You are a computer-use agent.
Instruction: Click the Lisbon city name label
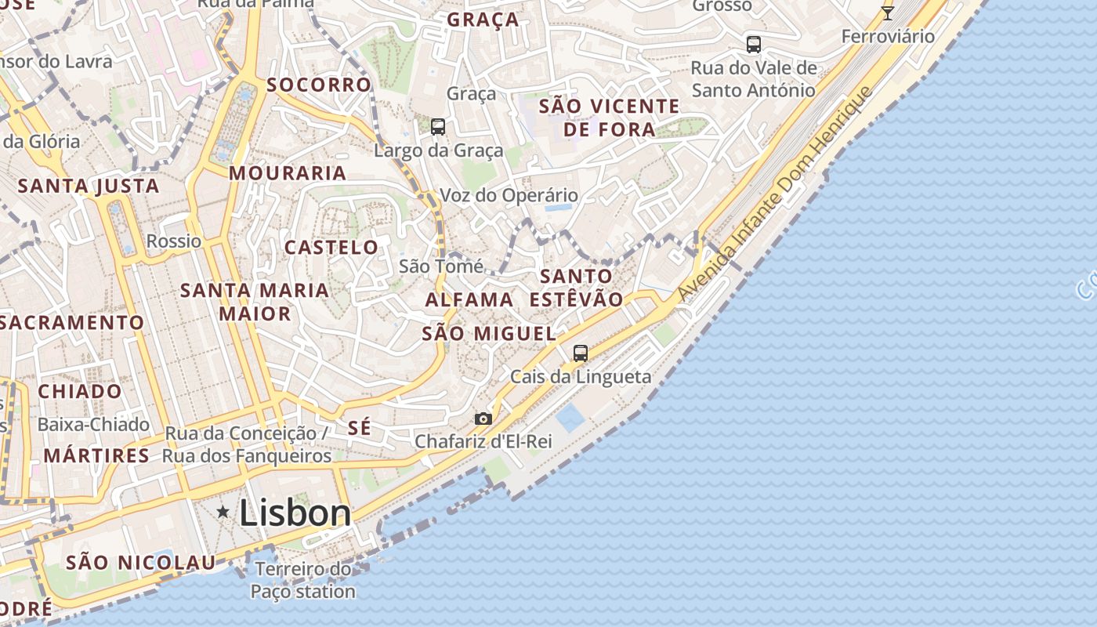coord(295,513)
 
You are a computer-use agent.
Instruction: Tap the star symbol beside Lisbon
coord(223,512)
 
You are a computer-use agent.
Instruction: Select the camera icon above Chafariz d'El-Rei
coord(483,419)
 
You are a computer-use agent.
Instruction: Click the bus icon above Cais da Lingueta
coord(581,353)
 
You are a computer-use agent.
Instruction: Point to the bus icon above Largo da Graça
coord(438,126)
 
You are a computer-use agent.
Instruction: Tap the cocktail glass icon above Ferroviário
coord(888,13)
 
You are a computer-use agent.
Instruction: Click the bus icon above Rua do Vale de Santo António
coord(754,45)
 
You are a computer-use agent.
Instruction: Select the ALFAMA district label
coord(469,299)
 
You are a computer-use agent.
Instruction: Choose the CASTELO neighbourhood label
coord(331,248)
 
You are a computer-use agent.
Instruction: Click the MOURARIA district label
coord(288,173)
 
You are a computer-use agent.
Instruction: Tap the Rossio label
coord(174,241)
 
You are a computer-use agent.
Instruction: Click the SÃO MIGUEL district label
coord(489,333)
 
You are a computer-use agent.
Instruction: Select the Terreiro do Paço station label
coord(302,580)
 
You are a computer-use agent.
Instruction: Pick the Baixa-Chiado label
coord(93,425)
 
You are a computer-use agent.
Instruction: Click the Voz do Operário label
coord(509,195)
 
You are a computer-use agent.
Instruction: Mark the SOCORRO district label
coord(318,85)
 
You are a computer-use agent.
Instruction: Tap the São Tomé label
coord(441,266)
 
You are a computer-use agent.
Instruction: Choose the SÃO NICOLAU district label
coord(140,562)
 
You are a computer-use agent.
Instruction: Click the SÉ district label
coord(359,428)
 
